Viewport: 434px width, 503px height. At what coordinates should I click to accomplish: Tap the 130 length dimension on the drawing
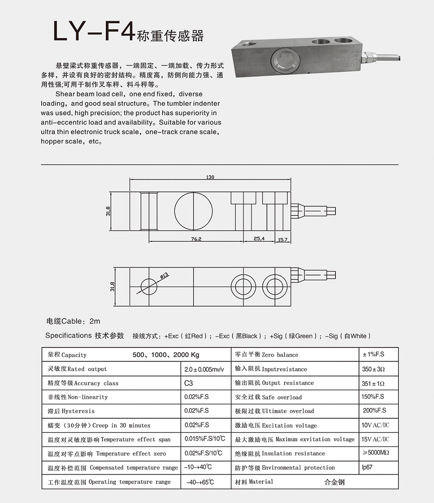point(210,177)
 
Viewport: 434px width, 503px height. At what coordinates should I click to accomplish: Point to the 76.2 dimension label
point(196,239)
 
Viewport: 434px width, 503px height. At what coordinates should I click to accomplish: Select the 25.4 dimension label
point(259,239)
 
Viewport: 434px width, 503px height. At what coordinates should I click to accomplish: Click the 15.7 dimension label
point(282,240)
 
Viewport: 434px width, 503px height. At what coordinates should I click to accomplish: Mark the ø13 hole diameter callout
point(164,276)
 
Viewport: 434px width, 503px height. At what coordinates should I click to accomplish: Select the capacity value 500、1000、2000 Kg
point(166,355)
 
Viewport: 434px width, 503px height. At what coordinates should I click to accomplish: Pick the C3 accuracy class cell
point(189,383)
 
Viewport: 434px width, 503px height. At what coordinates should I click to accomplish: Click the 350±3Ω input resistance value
point(373,369)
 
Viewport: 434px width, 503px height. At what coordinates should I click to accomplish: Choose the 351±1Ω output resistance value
point(373,383)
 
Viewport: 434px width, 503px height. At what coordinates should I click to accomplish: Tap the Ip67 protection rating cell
point(367,467)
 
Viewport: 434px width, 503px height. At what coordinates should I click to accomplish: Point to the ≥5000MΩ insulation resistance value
point(376,453)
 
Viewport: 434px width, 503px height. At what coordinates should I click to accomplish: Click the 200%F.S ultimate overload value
point(375,411)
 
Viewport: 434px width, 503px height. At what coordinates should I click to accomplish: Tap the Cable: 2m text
point(73,322)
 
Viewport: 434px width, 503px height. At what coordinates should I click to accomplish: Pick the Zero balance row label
point(267,355)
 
